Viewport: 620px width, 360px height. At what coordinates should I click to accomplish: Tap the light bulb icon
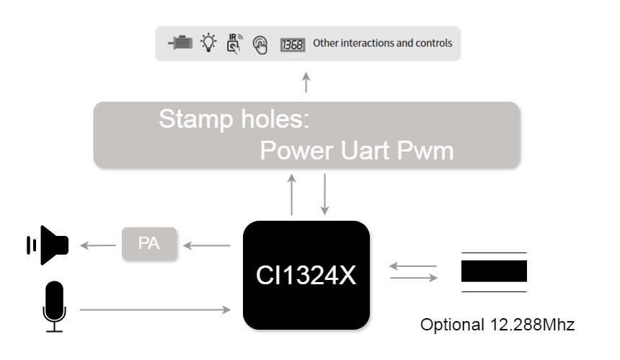click(208, 43)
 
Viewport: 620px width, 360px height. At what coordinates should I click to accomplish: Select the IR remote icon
click(234, 43)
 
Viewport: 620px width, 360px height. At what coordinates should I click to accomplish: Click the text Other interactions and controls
click(382, 43)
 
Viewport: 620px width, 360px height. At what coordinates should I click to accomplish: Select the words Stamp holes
click(234, 119)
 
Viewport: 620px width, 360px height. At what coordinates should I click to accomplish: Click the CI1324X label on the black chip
click(306, 276)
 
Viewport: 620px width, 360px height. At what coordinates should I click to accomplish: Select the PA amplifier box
click(149, 244)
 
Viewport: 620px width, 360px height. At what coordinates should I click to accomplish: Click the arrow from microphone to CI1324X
click(154, 310)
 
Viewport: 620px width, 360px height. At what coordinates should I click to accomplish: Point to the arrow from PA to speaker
click(97, 246)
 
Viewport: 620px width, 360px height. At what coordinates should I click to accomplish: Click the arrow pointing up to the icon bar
click(306, 82)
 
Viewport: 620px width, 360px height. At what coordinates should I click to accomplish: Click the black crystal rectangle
click(494, 271)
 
